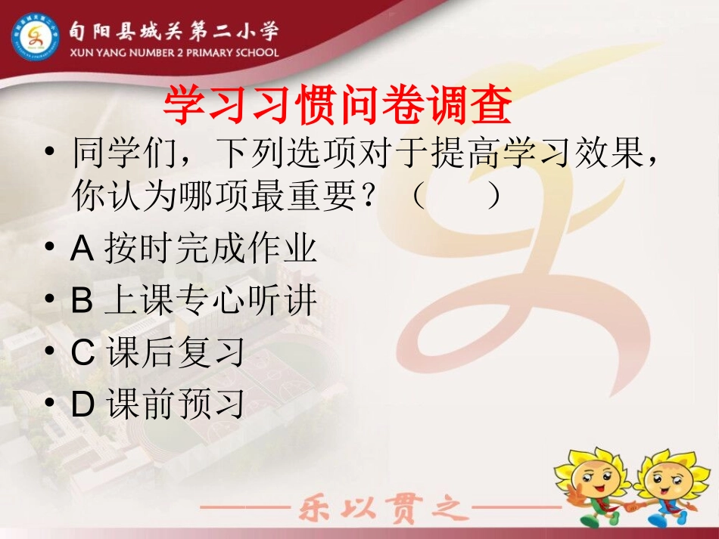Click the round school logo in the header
(x=36, y=39)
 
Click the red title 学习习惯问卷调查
(x=338, y=105)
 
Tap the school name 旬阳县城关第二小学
(x=173, y=32)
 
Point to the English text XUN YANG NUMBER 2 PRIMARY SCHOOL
(x=173, y=53)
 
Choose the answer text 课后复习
(x=176, y=353)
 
